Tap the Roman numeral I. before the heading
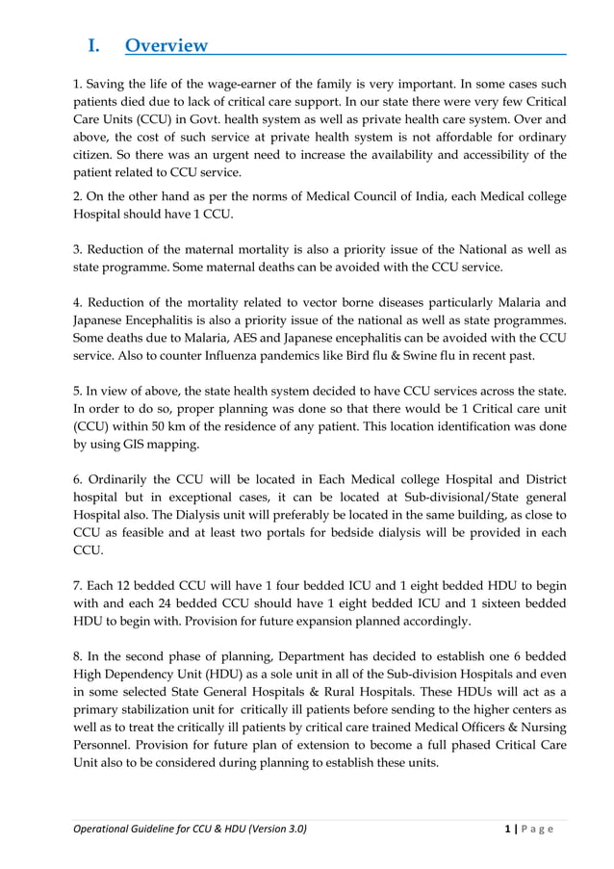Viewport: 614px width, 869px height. coord(95,45)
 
